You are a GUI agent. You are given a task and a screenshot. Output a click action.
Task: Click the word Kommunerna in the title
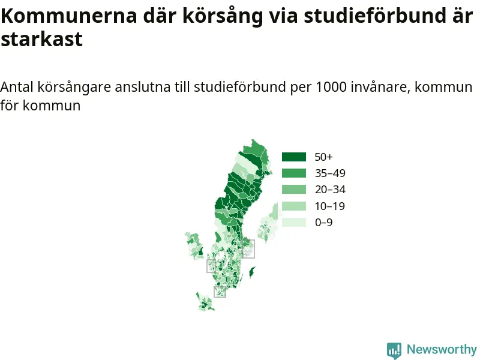pyautogui.click(x=68, y=16)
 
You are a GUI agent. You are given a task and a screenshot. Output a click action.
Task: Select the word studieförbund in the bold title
pyautogui.click(x=374, y=16)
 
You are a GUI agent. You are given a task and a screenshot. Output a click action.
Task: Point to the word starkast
pyautogui.click(x=41, y=39)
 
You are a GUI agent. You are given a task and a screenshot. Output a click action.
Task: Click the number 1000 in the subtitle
pyautogui.click(x=331, y=87)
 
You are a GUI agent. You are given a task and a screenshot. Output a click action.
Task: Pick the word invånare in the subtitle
pyautogui.click(x=379, y=87)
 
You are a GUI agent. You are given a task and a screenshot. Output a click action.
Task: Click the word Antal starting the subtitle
pyautogui.click(x=17, y=87)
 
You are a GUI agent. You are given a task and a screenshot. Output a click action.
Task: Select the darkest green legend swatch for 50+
pyautogui.click(x=294, y=157)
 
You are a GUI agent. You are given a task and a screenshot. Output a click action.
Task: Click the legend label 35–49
pyautogui.click(x=330, y=173)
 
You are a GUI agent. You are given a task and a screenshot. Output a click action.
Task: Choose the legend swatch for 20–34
pyautogui.click(x=294, y=190)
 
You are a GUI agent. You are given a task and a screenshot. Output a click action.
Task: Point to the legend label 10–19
pyautogui.click(x=329, y=206)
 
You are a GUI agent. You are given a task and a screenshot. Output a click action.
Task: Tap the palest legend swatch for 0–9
pyautogui.click(x=294, y=222)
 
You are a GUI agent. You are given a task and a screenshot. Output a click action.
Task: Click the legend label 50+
pyautogui.click(x=323, y=157)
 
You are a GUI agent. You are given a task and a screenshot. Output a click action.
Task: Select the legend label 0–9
pyautogui.click(x=323, y=222)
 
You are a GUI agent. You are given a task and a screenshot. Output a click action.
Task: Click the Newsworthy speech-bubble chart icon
pyautogui.click(x=394, y=350)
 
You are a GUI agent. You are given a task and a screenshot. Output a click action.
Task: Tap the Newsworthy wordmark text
pyautogui.click(x=442, y=349)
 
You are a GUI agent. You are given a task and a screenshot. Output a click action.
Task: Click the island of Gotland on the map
pyautogui.click(x=252, y=272)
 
